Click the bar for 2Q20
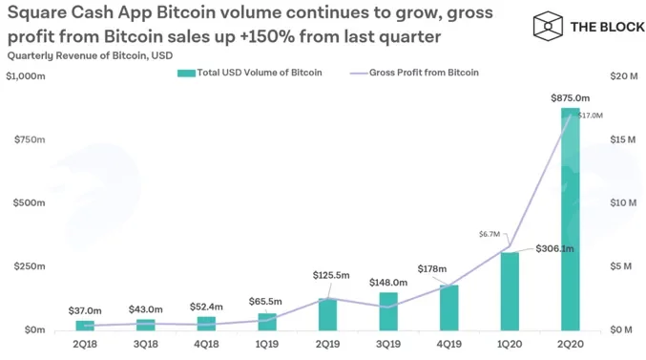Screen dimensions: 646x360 coord(571,219)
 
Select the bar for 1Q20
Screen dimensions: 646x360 coord(510,291)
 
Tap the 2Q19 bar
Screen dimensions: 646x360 coord(327,314)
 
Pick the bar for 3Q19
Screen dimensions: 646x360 coord(388,311)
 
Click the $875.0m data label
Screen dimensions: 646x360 coord(571,98)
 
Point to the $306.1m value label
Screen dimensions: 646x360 coord(554,248)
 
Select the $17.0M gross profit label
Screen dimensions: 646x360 coord(591,116)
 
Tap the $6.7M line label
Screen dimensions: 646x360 coord(490,234)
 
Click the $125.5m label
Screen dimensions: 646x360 coord(331,275)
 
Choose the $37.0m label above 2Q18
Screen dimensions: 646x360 coord(85,310)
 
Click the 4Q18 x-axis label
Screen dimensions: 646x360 coord(206,344)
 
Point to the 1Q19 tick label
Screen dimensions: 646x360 coord(267,344)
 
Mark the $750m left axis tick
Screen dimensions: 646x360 coord(30,139)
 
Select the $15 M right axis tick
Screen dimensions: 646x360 coord(623,139)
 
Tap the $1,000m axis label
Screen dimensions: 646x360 coord(26,76)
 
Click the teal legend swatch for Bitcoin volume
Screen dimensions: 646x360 coord(186,73)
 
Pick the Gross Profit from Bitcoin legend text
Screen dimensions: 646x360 coord(424,73)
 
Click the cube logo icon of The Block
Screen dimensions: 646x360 coord(548,27)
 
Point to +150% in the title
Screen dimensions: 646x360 coord(267,36)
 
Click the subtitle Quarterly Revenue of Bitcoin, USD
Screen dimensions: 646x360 coord(90,55)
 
